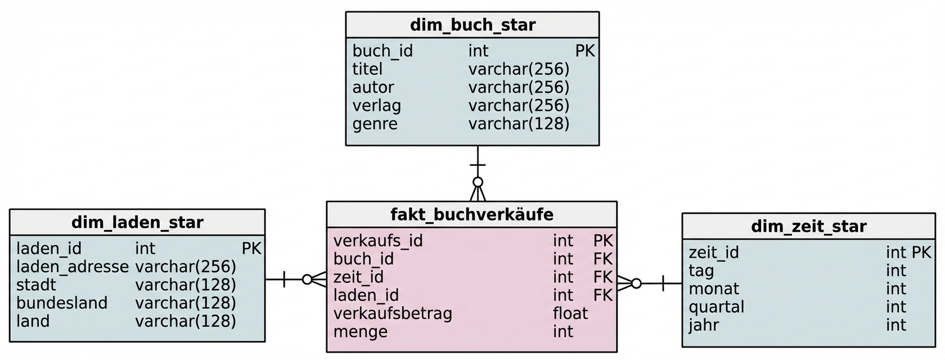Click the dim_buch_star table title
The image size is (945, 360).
[472, 25]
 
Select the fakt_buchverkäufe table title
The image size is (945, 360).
[471, 215]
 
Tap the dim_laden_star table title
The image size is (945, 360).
[137, 223]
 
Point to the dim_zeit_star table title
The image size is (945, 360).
[808, 227]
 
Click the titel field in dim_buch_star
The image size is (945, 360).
[367, 69]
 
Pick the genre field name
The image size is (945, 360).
[375, 124]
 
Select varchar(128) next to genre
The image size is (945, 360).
[519, 124]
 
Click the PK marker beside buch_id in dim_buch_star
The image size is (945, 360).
[584, 51]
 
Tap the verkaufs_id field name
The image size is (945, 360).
[377, 241]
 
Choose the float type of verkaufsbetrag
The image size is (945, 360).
[570, 313]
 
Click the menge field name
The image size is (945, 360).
[360, 332]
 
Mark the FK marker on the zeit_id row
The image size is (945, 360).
[602, 277]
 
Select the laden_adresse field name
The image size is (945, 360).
[72, 267]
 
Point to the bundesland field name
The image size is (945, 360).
[61, 303]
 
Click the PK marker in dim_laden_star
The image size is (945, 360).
[251, 249]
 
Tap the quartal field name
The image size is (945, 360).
[716, 307]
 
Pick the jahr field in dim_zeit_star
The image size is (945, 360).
[703, 325]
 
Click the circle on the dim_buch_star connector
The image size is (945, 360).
[478, 182]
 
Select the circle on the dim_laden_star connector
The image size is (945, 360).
[307, 280]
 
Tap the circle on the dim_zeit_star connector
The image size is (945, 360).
[636, 283]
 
